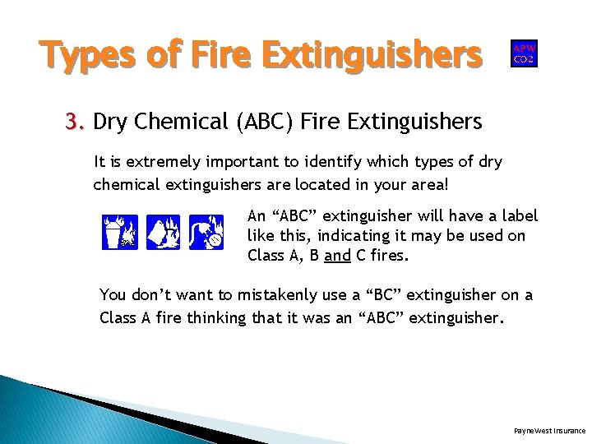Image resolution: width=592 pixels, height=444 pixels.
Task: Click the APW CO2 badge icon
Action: tap(524, 53)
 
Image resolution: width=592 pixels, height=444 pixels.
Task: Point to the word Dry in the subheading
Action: tap(110, 123)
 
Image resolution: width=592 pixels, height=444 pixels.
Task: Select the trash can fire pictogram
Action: tap(120, 232)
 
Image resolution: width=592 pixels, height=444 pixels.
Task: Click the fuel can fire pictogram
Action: tap(163, 232)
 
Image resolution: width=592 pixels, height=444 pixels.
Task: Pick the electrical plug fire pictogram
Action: tap(206, 232)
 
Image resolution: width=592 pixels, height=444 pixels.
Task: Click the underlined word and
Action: tap(337, 255)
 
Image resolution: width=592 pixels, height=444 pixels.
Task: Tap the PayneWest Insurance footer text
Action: tap(549, 430)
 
